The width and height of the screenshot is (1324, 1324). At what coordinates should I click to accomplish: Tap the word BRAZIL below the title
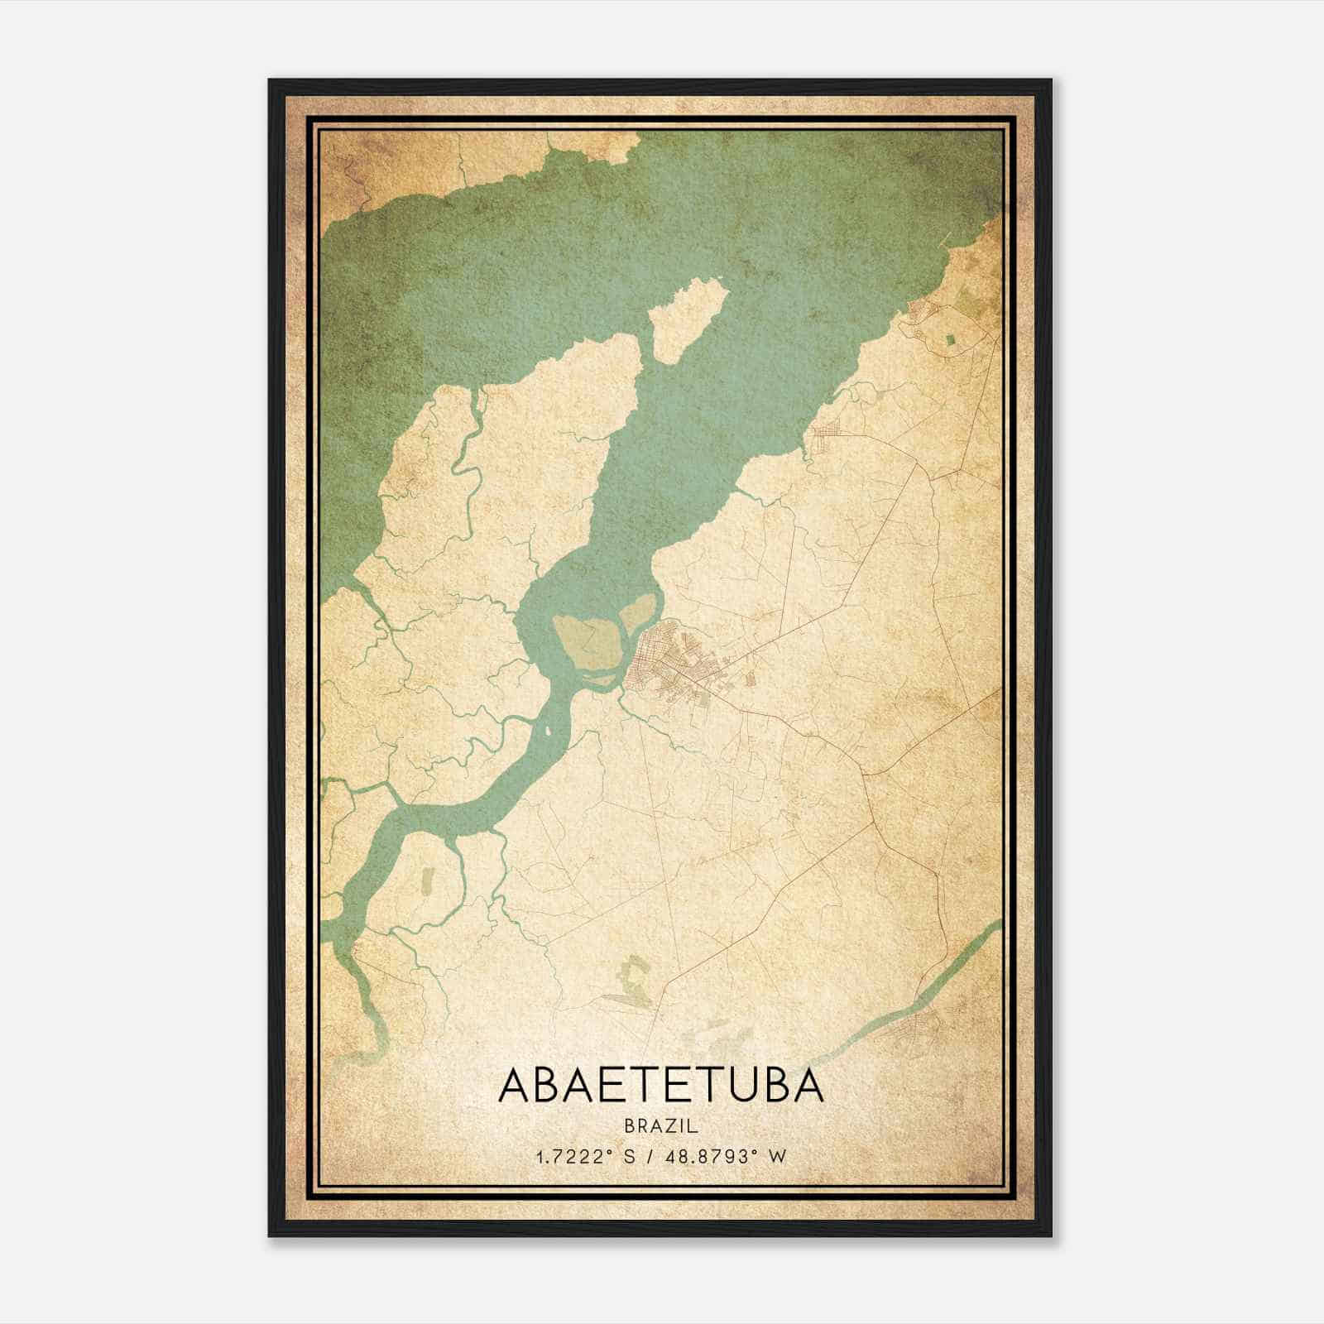661,1125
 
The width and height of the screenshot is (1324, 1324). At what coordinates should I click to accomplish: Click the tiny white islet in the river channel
547,732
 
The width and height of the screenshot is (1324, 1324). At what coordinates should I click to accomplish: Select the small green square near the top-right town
948,338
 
